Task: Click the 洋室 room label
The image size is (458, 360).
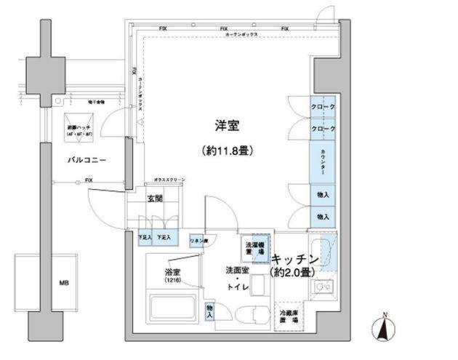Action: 226,126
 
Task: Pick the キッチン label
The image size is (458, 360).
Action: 296,259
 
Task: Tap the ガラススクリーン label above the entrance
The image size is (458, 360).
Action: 169,180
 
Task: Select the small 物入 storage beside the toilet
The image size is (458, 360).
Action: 210,312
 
